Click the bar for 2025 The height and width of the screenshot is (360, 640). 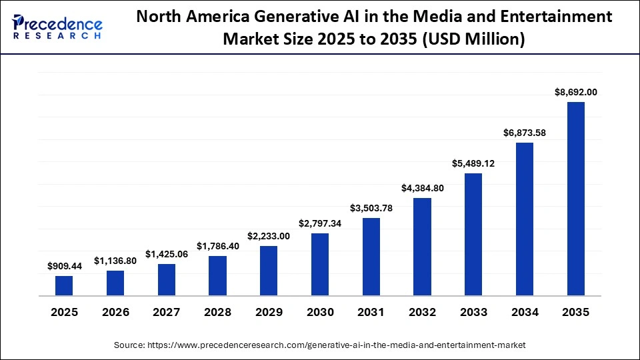[64, 285]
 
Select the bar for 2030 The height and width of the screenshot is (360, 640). [320, 264]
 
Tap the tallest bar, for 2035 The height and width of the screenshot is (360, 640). [575, 199]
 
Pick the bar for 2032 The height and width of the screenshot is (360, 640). [422, 247]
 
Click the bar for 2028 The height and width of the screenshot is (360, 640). [217, 275]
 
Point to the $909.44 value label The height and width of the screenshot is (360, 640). [64, 266]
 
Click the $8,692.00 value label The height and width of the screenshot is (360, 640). [575, 92]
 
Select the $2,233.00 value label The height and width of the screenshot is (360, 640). [269, 236]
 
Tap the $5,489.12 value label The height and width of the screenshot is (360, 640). [473, 163]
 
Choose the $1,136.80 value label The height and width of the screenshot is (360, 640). [115, 261]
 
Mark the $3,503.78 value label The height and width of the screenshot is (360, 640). [371, 208]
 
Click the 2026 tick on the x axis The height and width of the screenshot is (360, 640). [115, 312]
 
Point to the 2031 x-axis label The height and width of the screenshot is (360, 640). [371, 312]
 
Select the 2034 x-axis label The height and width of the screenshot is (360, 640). [525, 312]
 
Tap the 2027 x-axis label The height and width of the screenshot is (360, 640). [167, 312]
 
